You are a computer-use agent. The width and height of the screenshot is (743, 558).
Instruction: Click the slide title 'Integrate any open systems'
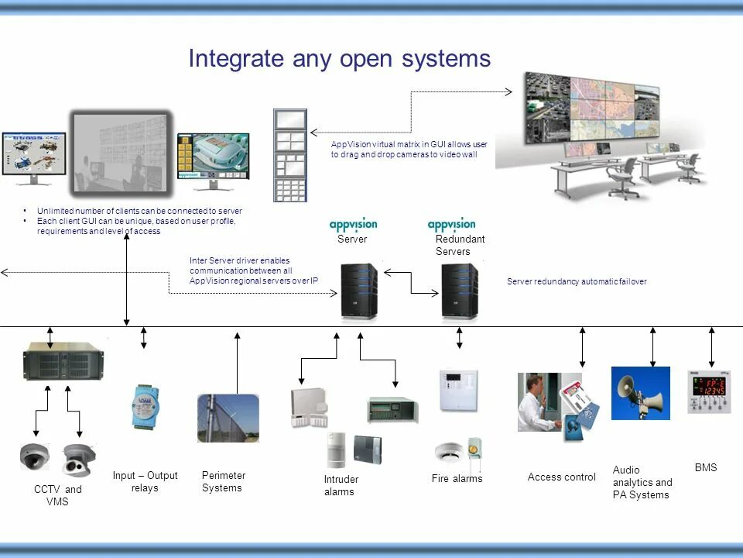[339, 60]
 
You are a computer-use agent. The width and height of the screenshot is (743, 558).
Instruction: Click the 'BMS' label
[705, 467]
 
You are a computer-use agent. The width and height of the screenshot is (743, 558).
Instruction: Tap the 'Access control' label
[561, 477]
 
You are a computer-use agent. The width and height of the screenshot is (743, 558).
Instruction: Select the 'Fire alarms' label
[457, 479]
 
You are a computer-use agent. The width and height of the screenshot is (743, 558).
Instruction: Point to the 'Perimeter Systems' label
[223, 481]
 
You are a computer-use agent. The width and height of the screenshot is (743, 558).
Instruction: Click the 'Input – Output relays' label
[145, 481]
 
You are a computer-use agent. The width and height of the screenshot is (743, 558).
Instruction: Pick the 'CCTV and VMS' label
[57, 495]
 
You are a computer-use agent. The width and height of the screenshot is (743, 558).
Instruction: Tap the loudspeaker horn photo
[640, 393]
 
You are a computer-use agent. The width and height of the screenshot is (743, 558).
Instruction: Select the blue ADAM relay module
[144, 406]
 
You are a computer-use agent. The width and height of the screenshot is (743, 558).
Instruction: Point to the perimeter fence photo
[228, 418]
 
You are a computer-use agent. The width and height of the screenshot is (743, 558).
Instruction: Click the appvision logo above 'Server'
[353, 225]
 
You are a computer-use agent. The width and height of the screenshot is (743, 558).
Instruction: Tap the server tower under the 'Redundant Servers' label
[460, 292]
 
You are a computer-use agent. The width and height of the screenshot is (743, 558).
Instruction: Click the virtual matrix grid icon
[290, 155]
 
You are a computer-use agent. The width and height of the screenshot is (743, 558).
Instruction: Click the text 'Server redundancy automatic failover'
[576, 282]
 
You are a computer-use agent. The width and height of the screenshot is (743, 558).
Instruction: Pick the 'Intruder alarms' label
[341, 485]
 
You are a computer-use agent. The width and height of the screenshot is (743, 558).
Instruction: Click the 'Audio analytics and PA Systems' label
[642, 482]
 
